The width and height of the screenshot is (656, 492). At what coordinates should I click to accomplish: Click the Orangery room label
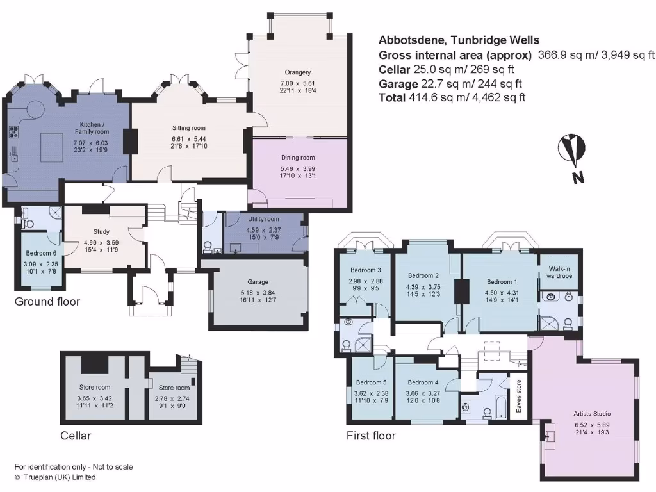point(298,72)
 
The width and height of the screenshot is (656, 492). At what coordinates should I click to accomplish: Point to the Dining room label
point(298,158)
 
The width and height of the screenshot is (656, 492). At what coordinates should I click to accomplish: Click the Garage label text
point(258,282)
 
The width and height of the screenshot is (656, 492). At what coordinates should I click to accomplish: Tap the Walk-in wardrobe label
point(555,272)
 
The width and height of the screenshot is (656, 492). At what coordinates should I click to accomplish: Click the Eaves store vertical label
point(518,397)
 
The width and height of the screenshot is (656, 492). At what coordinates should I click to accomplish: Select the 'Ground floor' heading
point(47,301)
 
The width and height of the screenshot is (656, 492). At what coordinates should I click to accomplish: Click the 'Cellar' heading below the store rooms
point(76,436)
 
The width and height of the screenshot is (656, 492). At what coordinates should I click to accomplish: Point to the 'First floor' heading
point(371,436)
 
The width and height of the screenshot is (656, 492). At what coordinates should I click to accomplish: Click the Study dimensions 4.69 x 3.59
point(101,242)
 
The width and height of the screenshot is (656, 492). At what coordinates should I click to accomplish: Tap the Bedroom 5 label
point(370,382)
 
